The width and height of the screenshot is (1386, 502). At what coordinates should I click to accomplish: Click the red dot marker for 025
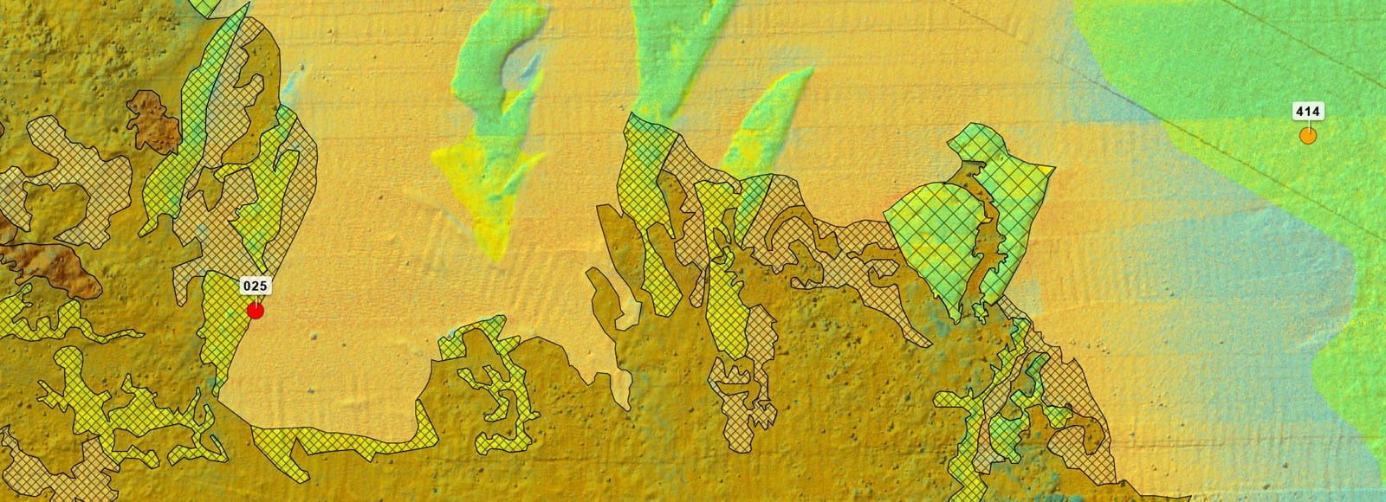pos(256,310)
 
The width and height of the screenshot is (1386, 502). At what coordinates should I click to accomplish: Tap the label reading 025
pos(254,285)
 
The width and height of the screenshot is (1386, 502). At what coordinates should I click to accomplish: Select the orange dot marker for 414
pos(1308,135)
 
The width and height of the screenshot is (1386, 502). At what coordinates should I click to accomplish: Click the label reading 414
pos(1307,111)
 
